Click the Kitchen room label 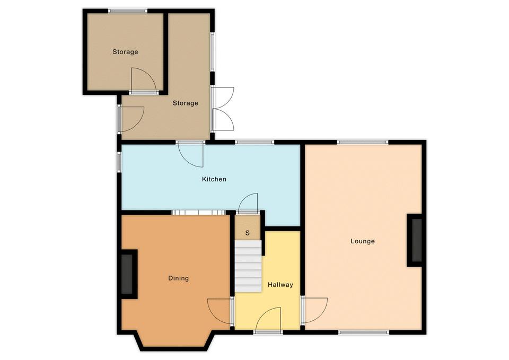tap(214, 179)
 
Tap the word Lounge tap(363, 241)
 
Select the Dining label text tap(178, 278)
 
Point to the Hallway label tap(280, 285)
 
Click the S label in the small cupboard tap(248, 233)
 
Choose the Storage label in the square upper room tap(125, 52)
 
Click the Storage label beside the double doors tap(186, 103)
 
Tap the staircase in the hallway tap(248, 266)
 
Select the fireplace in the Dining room tap(127, 274)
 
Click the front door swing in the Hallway tap(268, 319)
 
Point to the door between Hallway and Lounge tap(314, 310)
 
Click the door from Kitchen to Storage tap(190, 154)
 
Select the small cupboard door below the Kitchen tap(248, 204)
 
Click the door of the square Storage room tap(144, 81)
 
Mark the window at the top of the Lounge tap(363, 142)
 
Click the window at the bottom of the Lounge tap(364, 332)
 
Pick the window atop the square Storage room tap(128, 11)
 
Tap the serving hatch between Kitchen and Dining tap(198, 212)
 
